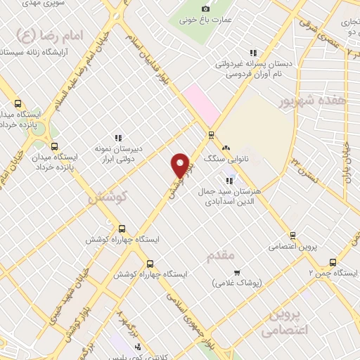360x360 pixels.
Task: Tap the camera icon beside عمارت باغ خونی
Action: point(205,8)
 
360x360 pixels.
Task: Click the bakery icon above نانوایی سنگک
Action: point(226,148)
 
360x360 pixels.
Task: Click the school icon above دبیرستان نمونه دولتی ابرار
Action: point(118,138)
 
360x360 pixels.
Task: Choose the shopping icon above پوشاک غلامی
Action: point(237,271)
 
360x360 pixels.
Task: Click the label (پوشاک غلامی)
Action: point(237,283)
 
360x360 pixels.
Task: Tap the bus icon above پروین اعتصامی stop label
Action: point(292,236)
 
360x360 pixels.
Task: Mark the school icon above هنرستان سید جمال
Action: point(229,181)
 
